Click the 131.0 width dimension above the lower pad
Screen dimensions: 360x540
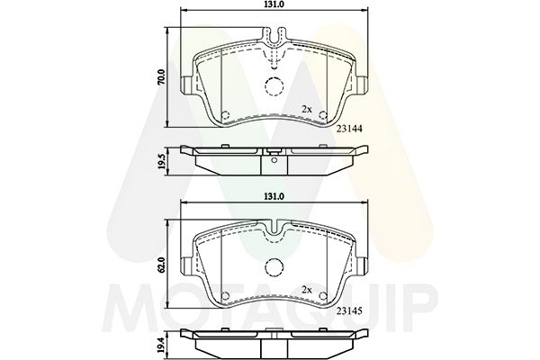(x=274, y=196)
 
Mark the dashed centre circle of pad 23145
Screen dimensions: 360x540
(x=274, y=267)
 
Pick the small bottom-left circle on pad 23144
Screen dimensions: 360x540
(x=225, y=115)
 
